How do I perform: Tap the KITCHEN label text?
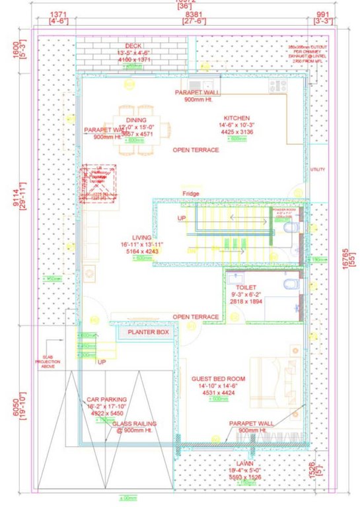(x=236, y=117)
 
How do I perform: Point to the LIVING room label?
(x=141, y=238)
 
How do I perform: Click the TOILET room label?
(x=237, y=288)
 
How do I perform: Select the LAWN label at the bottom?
(x=246, y=464)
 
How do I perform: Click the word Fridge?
(x=192, y=193)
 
